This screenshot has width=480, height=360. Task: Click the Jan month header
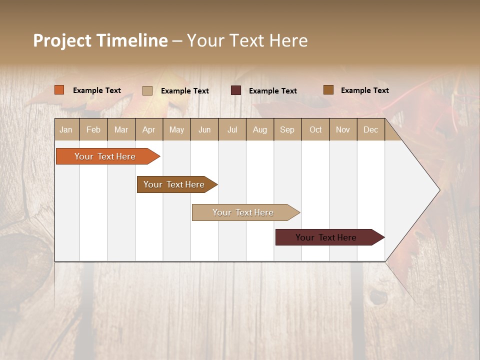(x=66, y=129)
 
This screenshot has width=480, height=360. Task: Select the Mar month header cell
(x=121, y=129)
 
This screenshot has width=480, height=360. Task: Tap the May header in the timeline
(x=176, y=129)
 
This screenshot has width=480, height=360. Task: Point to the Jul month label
(x=232, y=129)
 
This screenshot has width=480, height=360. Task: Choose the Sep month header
(x=287, y=129)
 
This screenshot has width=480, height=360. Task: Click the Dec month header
(x=370, y=129)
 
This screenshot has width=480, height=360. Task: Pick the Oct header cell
(x=315, y=129)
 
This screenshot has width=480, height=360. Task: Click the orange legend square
(x=59, y=90)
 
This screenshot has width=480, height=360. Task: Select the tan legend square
(x=147, y=90)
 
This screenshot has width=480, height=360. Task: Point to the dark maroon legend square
(x=236, y=90)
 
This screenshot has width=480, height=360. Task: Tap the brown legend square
(x=328, y=90)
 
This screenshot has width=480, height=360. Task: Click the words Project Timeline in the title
(x=100, y=40)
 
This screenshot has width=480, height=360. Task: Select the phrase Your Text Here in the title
(x=247, y=40)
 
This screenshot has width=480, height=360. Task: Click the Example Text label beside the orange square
(x=97, y=90)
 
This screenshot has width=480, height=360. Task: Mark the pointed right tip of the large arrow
(x=438, y=190)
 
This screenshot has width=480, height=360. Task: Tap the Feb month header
(x=93, y=129)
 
